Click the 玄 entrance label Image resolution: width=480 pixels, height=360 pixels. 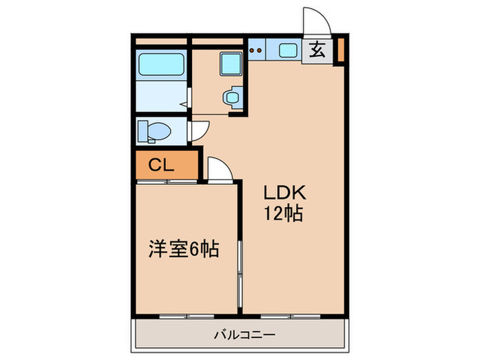click(x=317, y=49)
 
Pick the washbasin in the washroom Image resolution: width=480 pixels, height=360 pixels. click(x=232, y=97)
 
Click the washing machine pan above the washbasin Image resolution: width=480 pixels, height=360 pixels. click(x=229, y=65)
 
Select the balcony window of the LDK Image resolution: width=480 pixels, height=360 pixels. click(x=287, y=316)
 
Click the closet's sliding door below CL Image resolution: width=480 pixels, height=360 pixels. click(x=165, y=182)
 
